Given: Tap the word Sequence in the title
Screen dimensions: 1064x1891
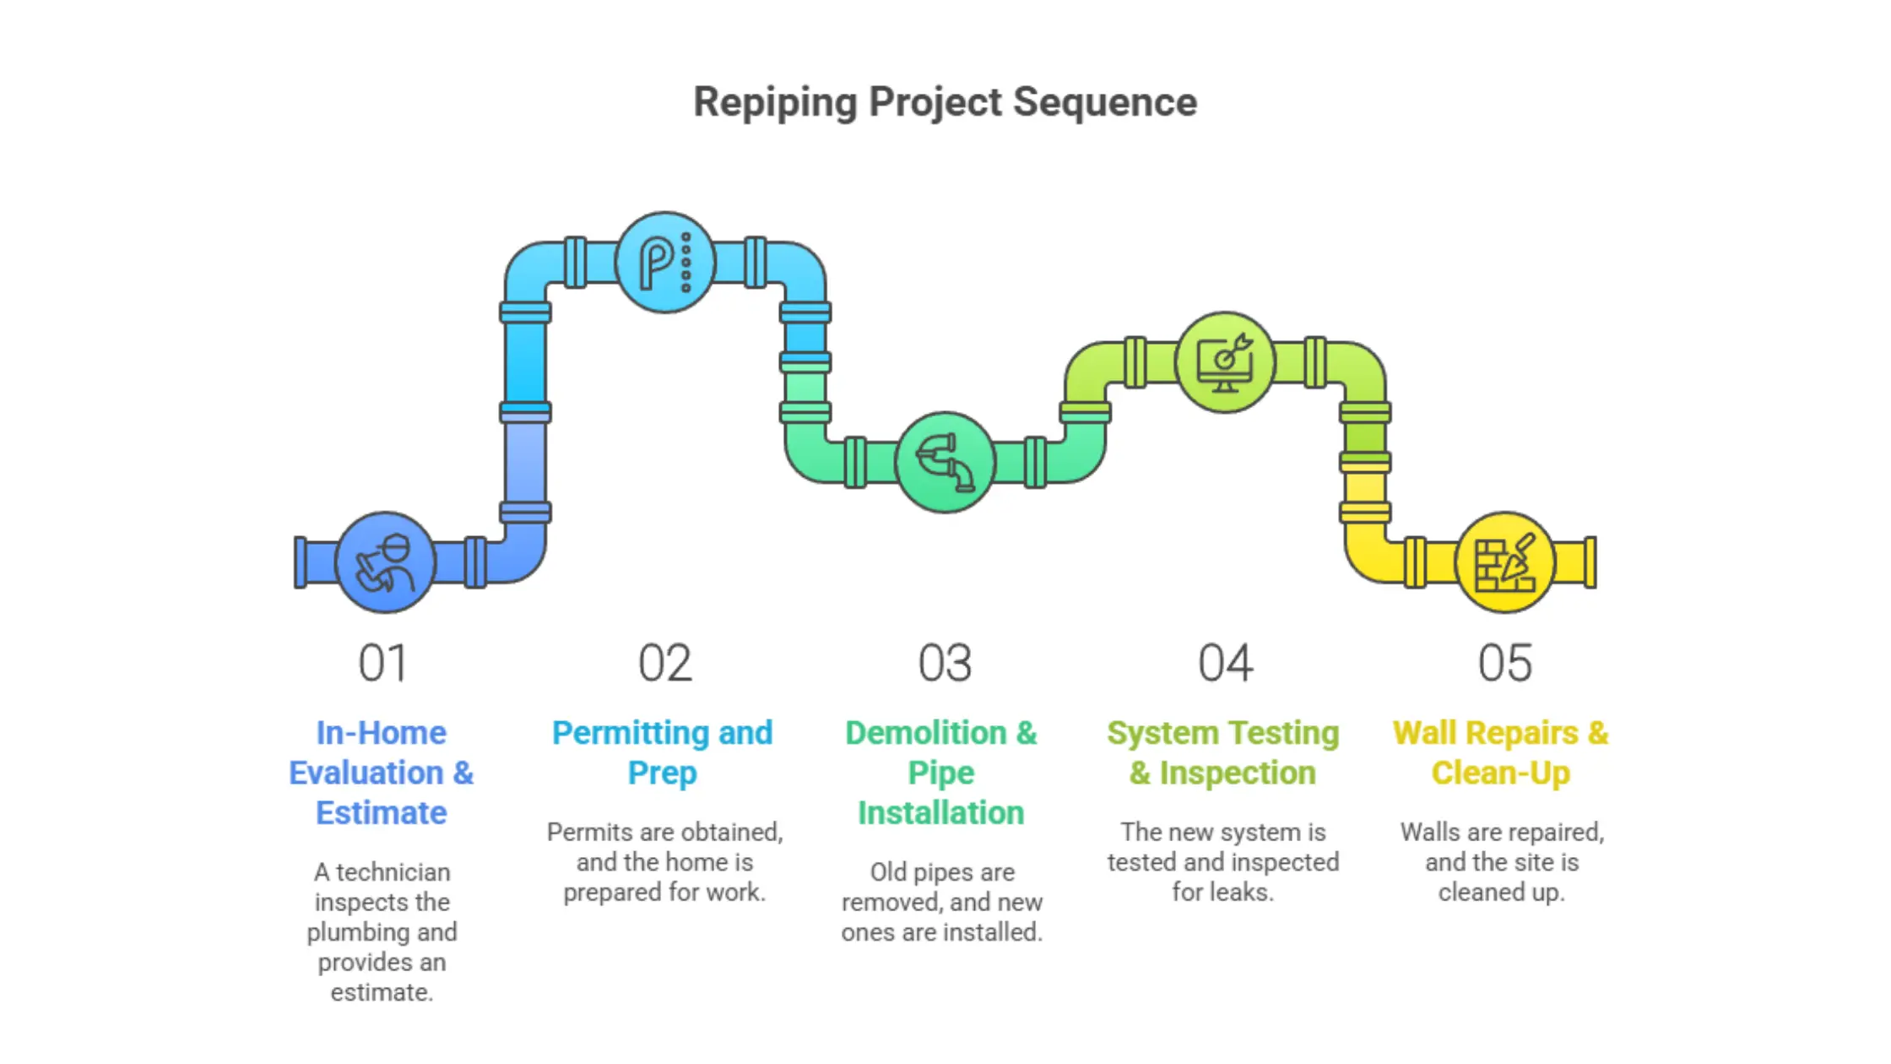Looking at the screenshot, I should pyautogui.click(x=1104, y=103).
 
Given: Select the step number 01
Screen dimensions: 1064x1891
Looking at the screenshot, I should pyautogui.click(x=382, y=663).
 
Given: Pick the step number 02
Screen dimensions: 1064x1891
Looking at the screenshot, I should pyautogui.click(x=664, y=663).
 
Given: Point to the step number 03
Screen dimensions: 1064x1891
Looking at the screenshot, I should pyautogui.click(x=945, y=663).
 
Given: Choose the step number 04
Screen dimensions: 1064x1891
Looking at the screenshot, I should pyautogui.click(x=1225, y=663).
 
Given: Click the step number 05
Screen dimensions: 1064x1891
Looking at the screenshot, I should pyautogui.click(x=1504, y=663).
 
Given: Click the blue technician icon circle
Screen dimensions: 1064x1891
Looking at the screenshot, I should pyautogui.click(x=385, y=562).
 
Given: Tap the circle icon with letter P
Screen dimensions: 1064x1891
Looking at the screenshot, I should pyautogui.click(x=665, y=263).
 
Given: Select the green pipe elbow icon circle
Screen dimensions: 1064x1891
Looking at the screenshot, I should pyautogui.click(x=945, y=462).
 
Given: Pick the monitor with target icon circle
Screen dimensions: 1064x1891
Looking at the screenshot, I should pyautogui.click(x=1225, y=362).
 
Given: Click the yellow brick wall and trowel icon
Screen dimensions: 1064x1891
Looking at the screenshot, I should pyautogui.click(x=1504, y=562).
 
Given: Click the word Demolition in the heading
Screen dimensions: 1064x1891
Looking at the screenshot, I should pyautogui.click(x=925, y=733).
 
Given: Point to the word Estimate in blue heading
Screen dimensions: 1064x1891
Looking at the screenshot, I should pyautogui.click(x=381, y=812).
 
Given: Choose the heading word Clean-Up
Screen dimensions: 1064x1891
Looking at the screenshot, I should pyautogui.click(x=1500, y=773).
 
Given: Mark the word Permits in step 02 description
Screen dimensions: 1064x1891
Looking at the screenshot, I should pyautogui.click(x=589, y=832).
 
